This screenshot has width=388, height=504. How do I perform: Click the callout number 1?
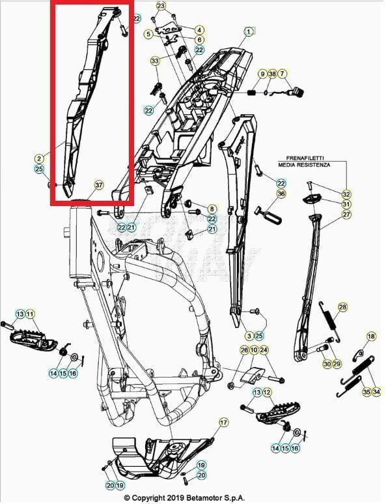[x=249, y=31]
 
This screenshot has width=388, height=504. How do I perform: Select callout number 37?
[x=98, y=185]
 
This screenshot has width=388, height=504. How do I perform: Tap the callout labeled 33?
[x=154, y=61]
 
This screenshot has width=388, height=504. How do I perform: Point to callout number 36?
[x=281, y=194]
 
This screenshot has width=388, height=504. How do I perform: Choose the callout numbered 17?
[x=224, y=422]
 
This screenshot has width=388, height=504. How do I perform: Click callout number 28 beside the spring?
[x=342, y=307]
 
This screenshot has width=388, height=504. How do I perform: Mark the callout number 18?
[x=371, y=336]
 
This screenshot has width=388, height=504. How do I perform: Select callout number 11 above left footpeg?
[x=30, y=315]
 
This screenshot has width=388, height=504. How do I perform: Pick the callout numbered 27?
[x=346, y=215]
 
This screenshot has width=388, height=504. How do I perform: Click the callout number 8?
[x=212, y=209]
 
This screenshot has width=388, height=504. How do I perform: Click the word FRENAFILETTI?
[x=305, y=158]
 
